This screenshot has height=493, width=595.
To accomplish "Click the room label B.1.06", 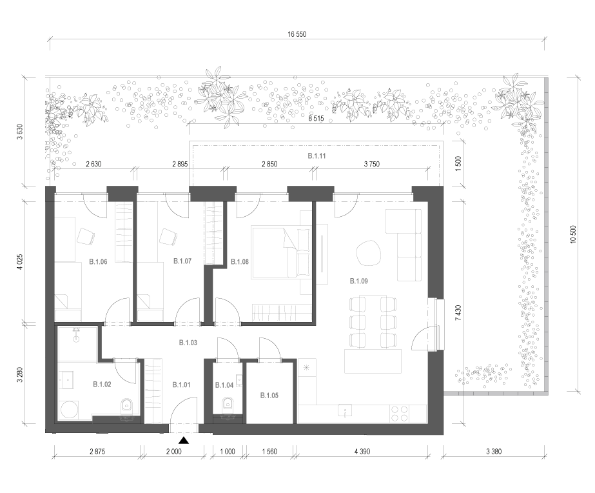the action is point(98,262).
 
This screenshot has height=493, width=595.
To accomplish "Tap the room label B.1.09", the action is point(358,281).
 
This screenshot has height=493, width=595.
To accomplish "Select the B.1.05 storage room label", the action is point(269,396).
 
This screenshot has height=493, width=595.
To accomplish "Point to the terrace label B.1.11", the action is point(317,156).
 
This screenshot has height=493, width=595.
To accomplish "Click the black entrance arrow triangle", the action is point(184,441).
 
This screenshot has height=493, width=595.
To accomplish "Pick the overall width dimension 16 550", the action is point(297,34).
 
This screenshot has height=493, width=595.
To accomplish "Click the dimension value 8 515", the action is point(316,119).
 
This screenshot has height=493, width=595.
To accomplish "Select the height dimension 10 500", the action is point(573,235).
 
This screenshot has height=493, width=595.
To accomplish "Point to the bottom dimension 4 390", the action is point(362,452).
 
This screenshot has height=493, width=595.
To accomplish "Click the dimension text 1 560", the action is point(269,452).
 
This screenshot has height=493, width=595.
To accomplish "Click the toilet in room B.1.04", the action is point(228,404).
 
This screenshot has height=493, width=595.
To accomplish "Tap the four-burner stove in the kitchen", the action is point(400,414).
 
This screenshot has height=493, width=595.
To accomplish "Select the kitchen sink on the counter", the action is point(345,410).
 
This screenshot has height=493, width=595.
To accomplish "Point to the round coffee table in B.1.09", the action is point(367,253).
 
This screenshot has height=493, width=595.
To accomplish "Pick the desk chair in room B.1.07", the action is point(168,237).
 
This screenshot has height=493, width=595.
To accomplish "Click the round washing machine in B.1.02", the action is point(69,410).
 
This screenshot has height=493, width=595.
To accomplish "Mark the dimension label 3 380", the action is point(494,452).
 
